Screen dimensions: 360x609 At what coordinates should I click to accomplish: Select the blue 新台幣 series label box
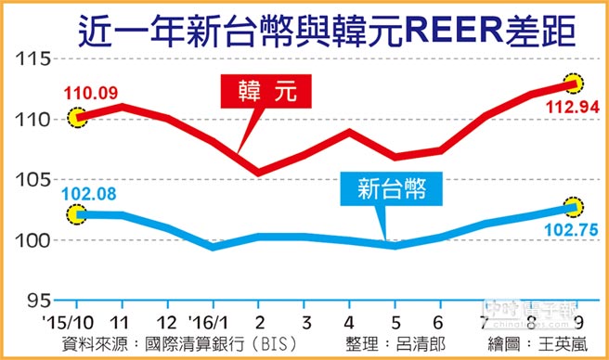point(395,191)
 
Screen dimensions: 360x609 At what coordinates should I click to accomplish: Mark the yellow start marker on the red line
point(77,118)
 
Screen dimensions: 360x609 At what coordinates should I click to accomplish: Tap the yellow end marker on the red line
point(577,83)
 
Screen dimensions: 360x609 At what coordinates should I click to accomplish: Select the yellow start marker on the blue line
point(77,214)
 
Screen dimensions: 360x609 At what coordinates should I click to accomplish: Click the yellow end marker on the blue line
point(575,206)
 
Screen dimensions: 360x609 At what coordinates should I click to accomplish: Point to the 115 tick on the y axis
point(34,59)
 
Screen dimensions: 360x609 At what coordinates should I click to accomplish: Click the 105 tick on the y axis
point(34,180)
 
